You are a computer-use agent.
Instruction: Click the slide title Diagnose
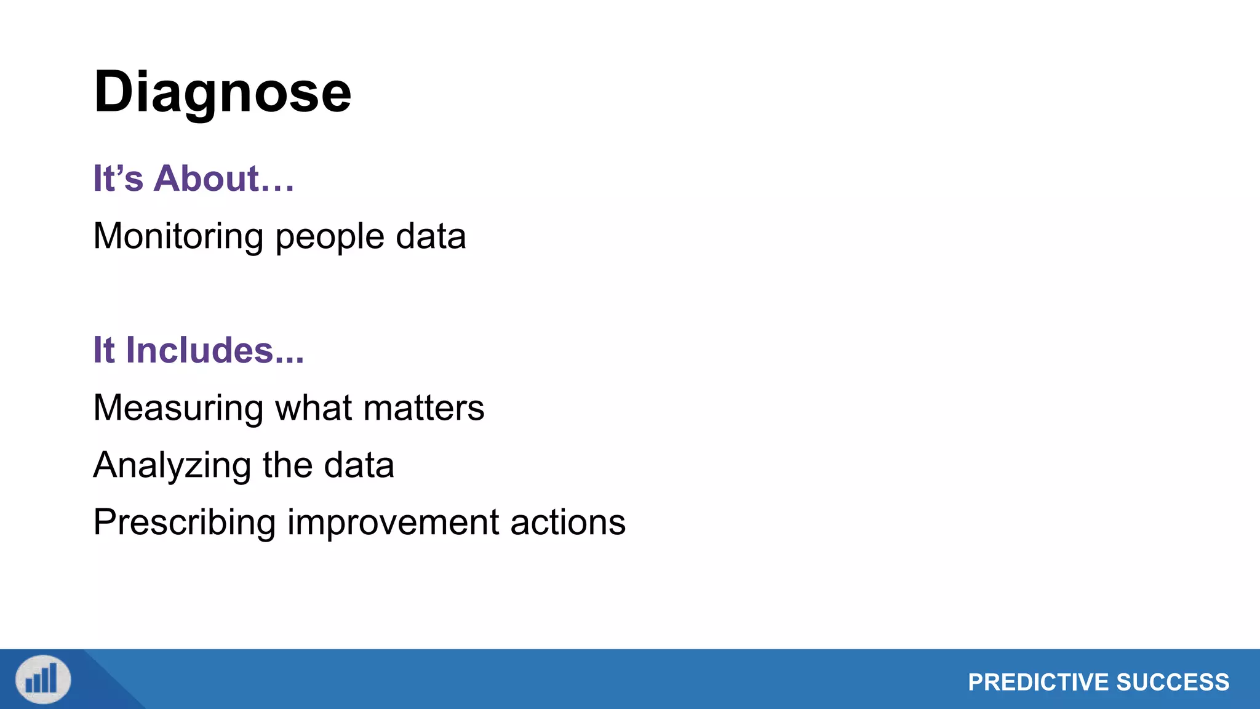(x=222, y=92)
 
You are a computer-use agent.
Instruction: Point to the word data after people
(x=431, y=237)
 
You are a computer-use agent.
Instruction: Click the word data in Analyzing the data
(x=359, y=465)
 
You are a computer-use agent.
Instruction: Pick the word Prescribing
(x=184, y=523)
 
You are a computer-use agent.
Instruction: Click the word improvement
(x=393, y=523)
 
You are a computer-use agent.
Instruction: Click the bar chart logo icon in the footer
(x=43, y=679)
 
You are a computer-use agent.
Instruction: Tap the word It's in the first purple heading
(x=118, y=178)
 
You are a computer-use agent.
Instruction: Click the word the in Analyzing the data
(x=287, y=465)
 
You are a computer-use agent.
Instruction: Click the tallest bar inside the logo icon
(x=54, y=677)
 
